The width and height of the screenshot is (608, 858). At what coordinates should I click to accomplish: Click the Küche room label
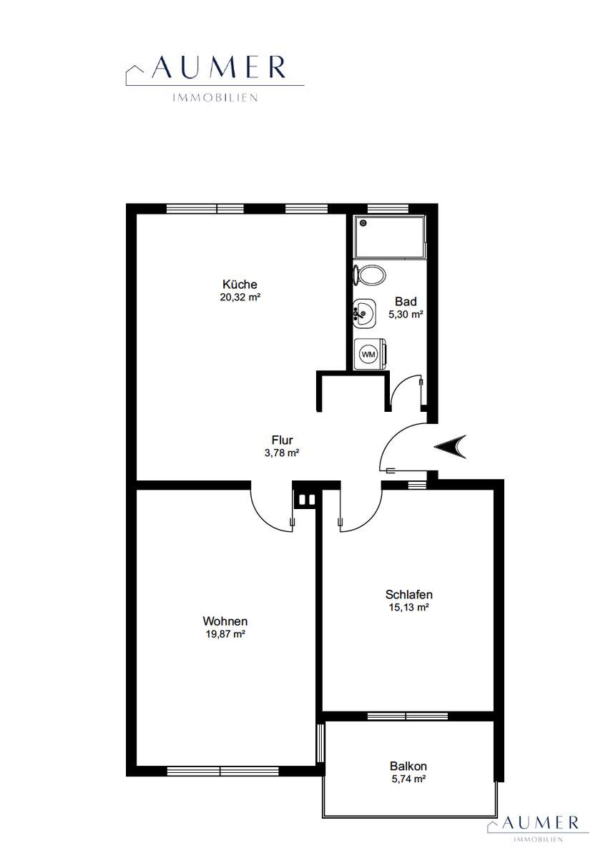coord(240,285)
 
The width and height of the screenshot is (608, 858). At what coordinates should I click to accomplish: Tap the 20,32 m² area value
coord(240,297)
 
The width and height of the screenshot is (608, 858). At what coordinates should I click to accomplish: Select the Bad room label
coord(406,301)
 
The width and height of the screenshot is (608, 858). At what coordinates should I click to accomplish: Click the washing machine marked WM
coord(370,355)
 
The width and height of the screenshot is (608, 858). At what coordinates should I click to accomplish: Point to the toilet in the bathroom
coord(370,275)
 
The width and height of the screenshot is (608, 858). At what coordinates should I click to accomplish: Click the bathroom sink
coord(364,315)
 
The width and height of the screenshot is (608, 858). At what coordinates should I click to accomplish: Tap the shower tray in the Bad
coord(390,237)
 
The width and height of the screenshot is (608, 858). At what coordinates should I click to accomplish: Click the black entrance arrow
coord(450,447)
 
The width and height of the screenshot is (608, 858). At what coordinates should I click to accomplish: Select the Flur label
coord(282,440)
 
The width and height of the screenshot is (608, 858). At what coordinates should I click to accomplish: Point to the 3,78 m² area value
coord(282,453)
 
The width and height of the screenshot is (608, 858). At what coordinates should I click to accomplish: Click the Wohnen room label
coord(225,621)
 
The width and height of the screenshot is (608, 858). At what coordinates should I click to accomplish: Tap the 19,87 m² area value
coord(225,634)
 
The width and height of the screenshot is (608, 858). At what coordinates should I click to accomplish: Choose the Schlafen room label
coord(408,594)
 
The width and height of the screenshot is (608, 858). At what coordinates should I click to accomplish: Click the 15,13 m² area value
coord(408,608)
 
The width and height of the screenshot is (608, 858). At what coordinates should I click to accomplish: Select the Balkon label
coord(408,766)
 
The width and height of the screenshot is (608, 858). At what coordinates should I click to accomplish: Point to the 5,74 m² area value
coord(408,779)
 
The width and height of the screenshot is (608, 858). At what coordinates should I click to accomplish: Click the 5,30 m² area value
coord(406,315)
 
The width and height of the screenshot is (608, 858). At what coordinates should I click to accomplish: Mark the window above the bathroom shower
coord(388,208)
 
